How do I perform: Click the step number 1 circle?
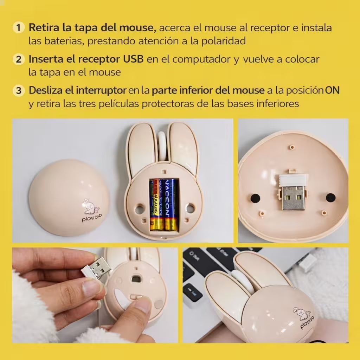click(x=18, y=27)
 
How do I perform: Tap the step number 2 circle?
click(x=18, y=59)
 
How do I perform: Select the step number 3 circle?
click(x=18, y=90)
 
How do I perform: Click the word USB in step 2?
click(x=133, y=59)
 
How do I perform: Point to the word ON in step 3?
click(x=332, y=90)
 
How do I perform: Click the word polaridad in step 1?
click(x=224, y=41)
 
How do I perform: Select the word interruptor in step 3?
click(x=101, y=90)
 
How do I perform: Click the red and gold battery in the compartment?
click(x=156, y=205)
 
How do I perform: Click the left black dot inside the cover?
click(x=255, y=198)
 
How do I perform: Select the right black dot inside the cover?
click(x=330, y=198)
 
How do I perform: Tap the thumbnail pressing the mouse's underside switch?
click(x=142, y=304)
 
